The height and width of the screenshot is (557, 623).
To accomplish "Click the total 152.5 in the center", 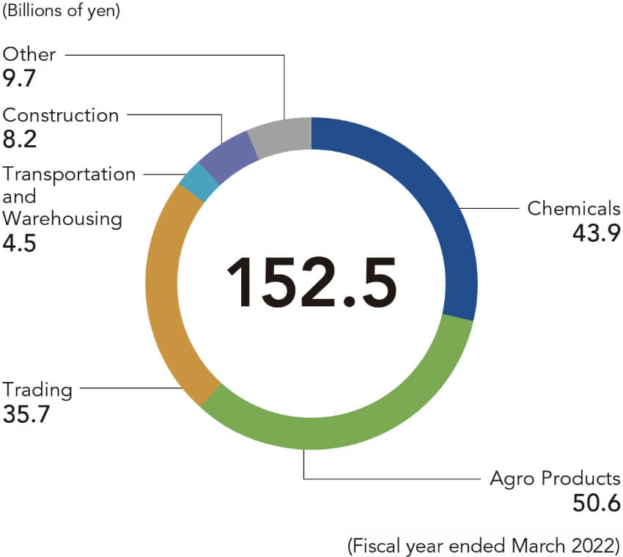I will click(311, 282).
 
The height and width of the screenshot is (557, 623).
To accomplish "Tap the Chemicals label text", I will click(574, 208).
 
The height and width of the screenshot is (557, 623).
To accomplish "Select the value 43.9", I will click(594, 233).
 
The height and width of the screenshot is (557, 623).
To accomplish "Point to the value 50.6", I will click(595, 504).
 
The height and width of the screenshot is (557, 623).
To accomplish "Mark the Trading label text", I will click(37, 389).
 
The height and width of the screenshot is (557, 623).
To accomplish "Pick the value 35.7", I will click(28, 415).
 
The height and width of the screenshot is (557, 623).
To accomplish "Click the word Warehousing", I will click(62, 218).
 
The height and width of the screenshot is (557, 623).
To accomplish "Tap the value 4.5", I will click(20, 243).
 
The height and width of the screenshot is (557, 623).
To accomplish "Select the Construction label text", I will click(61, 115).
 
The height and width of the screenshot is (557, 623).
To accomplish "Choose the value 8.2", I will click(19, 140).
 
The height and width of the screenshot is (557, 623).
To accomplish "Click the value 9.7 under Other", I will click(19, 78).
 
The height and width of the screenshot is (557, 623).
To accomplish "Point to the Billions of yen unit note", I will click(62, 12).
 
